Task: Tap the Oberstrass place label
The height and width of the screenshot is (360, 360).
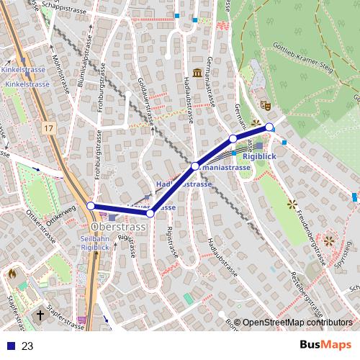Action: (x=119, y=227)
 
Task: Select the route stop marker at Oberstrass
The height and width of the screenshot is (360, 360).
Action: (x=91, y=206)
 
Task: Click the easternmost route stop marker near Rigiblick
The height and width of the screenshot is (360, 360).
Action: (x=270, y=127)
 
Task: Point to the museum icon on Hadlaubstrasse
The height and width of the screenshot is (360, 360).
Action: (x=197, y=73)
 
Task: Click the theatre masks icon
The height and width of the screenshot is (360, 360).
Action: (x=266, y=104)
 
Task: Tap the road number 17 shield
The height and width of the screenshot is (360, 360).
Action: (x=48, y=128)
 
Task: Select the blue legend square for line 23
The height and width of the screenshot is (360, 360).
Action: (x=10, y=346)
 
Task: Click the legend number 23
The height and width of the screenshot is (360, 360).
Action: (x=27, y=346)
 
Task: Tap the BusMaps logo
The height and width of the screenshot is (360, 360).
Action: (x=325, y=345)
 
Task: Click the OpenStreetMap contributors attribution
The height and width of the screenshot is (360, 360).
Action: (x=298, y=323)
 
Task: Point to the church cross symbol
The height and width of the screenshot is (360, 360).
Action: (x=40, y=315)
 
